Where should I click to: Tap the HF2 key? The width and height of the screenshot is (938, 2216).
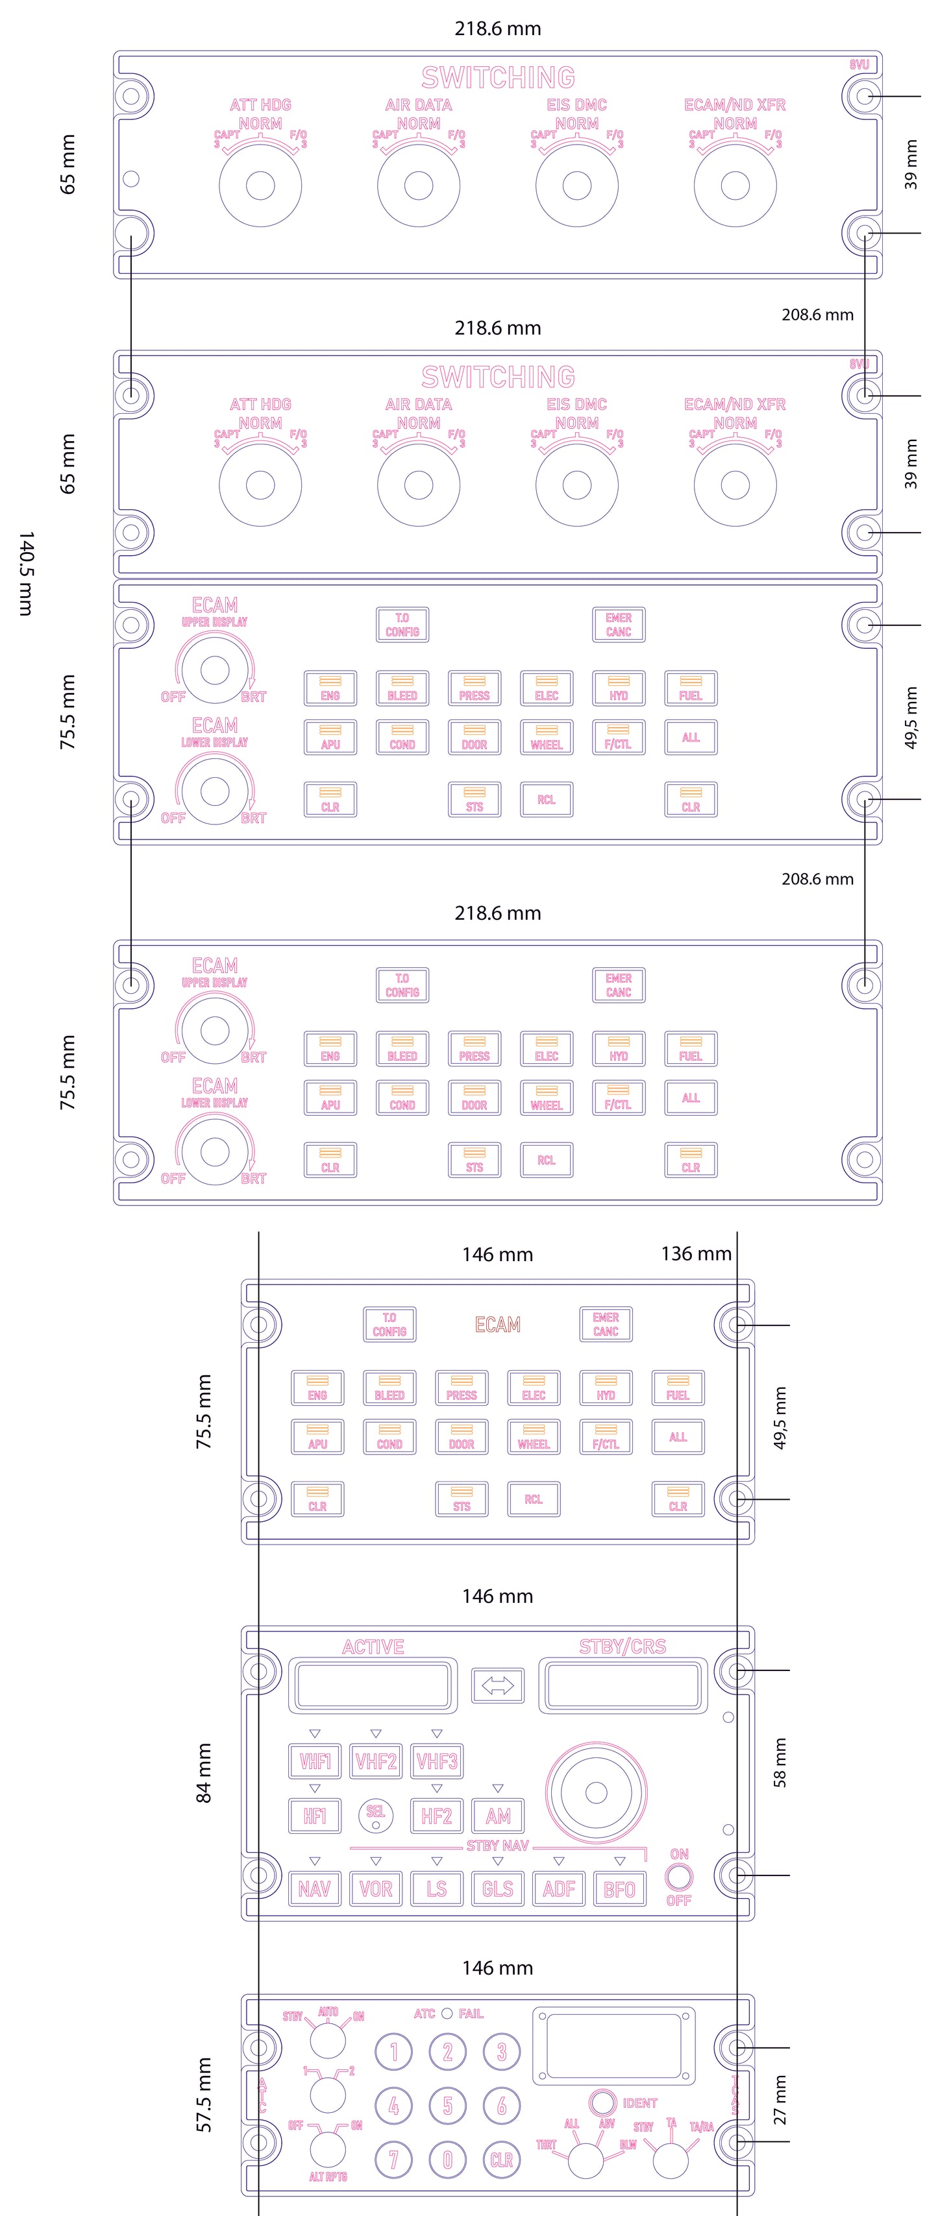(x=436, y=1816)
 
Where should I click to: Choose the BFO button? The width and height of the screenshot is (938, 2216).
(x=619, y=1889)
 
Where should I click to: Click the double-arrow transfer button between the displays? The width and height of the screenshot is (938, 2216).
(x=497, y=1685)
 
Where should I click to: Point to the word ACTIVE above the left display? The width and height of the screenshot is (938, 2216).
(x=373, y=1646)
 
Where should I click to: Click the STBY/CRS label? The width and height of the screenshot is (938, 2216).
(x=622, y=1646)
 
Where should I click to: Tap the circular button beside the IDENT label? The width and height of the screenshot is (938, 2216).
(x=602, y=2102)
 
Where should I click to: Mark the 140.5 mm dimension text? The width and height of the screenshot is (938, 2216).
(x=27, y=573)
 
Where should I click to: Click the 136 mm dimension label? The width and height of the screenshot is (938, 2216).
(x=696, y=1253)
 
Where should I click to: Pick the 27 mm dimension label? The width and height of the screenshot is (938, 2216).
(x=780, y=2100)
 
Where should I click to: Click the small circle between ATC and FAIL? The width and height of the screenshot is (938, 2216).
(x=447, y=2014)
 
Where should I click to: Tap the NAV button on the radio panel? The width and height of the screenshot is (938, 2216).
(x=314, y=1889)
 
